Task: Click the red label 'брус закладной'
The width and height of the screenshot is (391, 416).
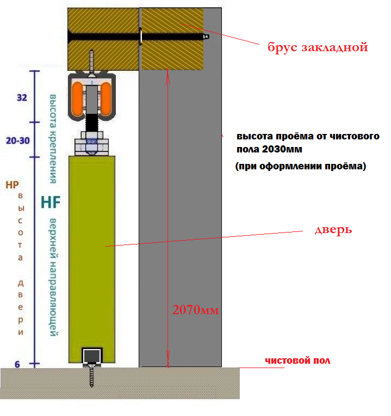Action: pos(318,47)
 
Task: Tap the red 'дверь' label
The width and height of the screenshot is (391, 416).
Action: pos(333,230)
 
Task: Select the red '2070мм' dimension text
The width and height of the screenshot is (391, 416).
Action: pos(196,310)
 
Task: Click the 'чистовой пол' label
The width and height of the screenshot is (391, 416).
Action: pos(297,360)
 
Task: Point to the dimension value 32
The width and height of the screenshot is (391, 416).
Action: pos(22,97)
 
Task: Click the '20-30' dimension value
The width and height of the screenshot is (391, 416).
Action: pos(18,140)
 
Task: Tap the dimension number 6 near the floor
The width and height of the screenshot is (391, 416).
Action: pos(17,364)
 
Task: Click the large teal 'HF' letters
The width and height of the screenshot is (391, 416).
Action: pos(51,202)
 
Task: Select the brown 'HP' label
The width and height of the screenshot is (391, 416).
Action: pos(12,185)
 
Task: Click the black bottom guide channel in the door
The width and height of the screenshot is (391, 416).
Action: pos(92,356)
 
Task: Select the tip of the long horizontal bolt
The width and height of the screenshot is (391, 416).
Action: pos(208,36)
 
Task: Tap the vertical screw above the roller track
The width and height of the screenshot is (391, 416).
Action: pos(92,63)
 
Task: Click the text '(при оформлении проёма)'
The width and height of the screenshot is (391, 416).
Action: pos(301,167)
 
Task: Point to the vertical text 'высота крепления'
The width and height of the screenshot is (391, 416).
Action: pos(53,138)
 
